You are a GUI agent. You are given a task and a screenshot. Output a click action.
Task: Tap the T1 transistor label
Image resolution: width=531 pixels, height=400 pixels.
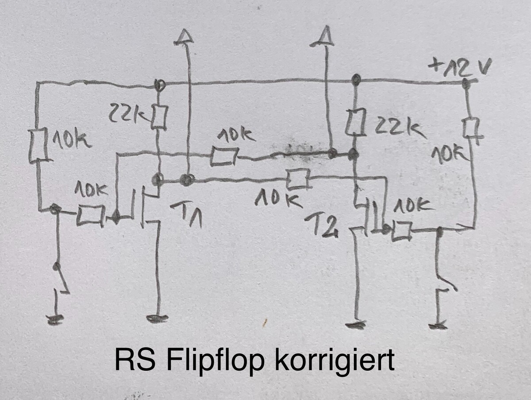pyautogui.click(x=186, y=214)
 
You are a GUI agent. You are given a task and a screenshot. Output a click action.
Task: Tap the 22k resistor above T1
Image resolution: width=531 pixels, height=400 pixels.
pyautogui.click(x=159, y=117)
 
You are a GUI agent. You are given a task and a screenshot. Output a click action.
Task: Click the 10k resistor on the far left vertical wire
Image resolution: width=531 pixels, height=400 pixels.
pyautogui.click(x=38, y=146)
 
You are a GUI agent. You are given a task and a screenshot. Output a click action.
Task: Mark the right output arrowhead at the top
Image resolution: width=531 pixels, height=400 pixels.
pyautogui.click(x=322, y=36)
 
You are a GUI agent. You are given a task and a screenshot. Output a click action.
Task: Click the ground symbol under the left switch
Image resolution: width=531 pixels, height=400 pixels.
pyautogui.click(x=55, y=320)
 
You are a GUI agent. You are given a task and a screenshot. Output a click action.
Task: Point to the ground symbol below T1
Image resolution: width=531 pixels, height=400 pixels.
pyautogui.click(x=157, y=318)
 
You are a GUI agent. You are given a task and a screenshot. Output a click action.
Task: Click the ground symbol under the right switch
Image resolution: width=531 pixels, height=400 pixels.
pyautogui.click(x=438, y=326)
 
